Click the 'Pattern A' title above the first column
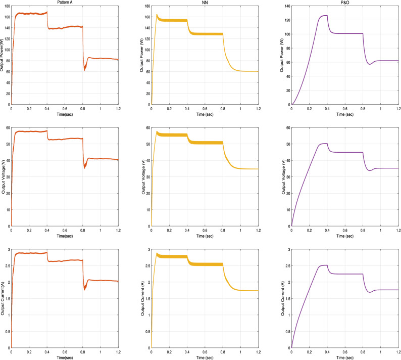point(64,3)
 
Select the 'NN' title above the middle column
point(205,3)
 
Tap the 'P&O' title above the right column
point(345,3)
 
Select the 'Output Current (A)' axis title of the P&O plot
point(284,298)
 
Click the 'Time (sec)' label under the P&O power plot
point(345,114)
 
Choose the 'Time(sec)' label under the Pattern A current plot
point(64,357)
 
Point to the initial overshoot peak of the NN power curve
point(157,15)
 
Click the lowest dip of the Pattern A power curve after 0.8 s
point(84,70)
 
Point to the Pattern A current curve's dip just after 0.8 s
point(84,289)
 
